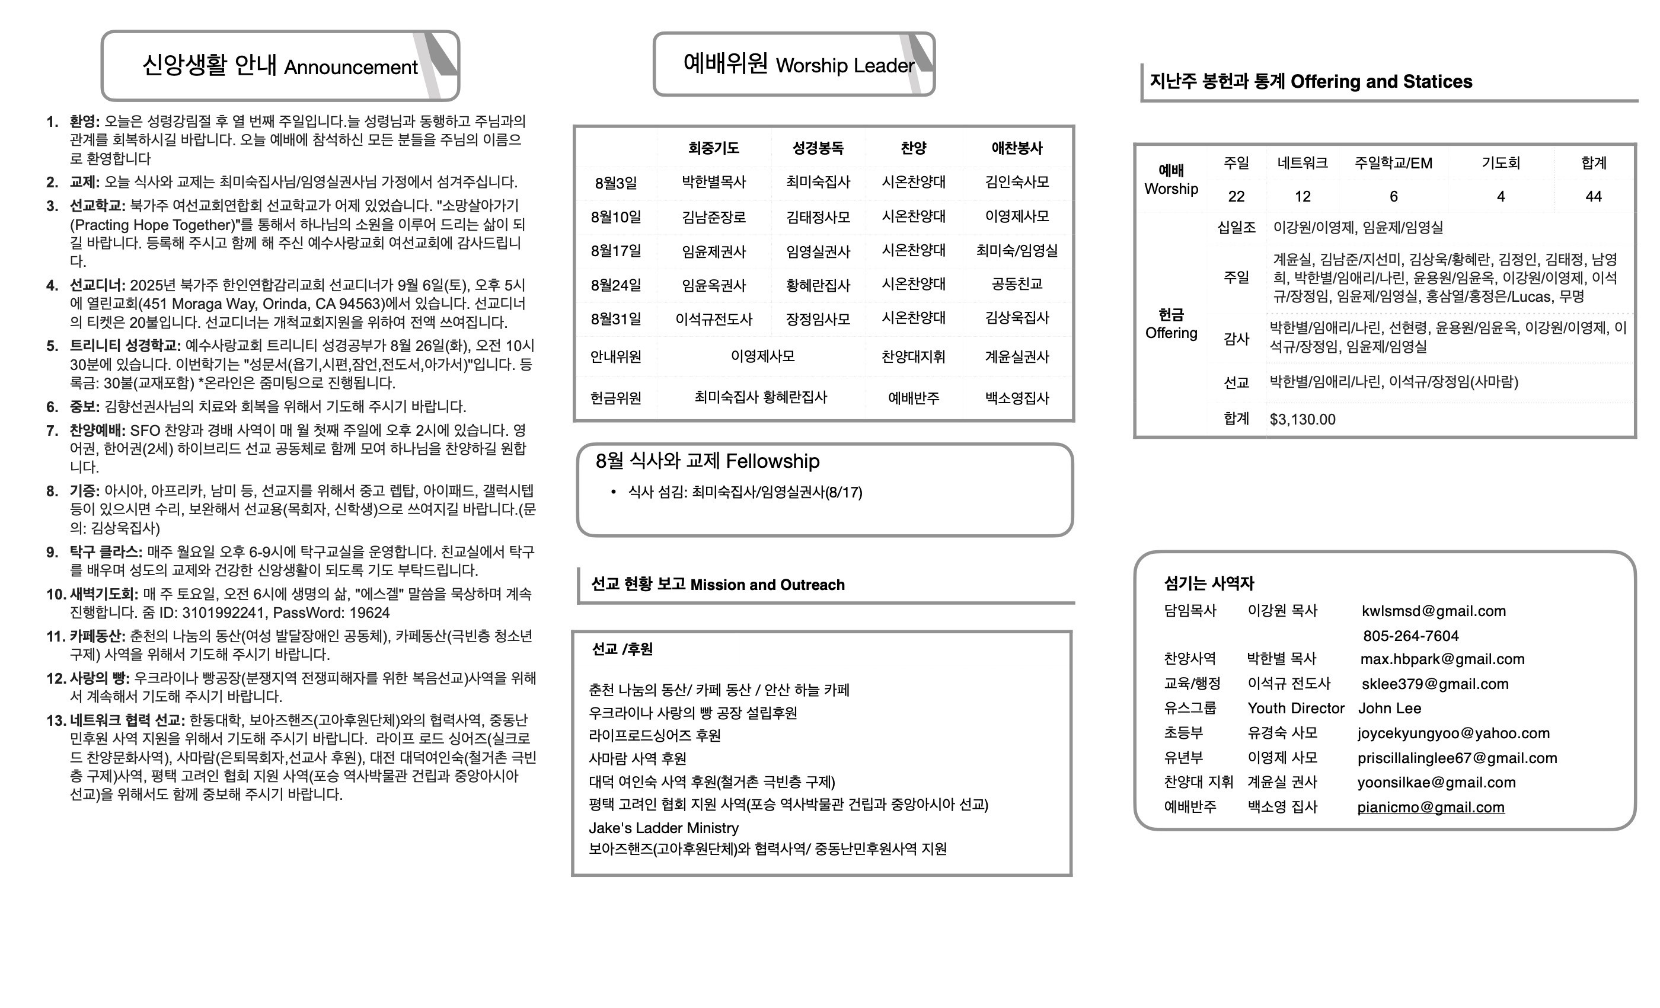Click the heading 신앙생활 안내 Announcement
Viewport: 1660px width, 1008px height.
[280, 66]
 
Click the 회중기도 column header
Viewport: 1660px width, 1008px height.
[713, 148]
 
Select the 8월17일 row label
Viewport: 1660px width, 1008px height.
[616, 251]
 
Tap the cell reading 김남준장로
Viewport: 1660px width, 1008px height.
[713, 217]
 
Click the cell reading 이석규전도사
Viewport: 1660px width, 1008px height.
[713, 320]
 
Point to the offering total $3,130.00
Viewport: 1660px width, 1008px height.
[1303, 419]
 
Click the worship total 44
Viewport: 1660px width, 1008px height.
[1594, 197]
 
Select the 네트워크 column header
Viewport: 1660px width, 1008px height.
[1303, 163]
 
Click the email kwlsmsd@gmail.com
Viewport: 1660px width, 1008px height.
[1434, 611]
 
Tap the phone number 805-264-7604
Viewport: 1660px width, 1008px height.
[1411, 636]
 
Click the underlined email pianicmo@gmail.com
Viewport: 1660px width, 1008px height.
[1430, 807]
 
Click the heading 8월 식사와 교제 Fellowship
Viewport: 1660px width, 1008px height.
[707, 461]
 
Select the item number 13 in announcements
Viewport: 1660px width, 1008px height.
[55, 720]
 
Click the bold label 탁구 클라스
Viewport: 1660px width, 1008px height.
[105, 552]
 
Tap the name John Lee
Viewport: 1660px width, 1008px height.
[1389, 708]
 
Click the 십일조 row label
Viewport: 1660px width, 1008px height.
[1236, 228]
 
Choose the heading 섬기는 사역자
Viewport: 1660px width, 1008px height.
[1209, 583]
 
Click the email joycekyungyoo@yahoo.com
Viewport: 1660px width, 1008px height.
[1453, 733]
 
